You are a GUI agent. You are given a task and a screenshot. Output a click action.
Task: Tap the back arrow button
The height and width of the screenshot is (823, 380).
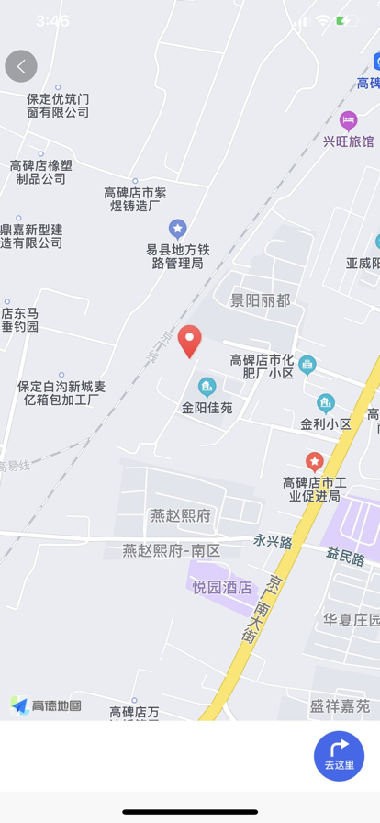point(21,66)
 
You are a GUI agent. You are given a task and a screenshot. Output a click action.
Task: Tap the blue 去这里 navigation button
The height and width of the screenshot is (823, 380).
point(339,756)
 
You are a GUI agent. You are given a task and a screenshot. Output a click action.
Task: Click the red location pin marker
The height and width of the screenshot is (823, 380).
point(189,341)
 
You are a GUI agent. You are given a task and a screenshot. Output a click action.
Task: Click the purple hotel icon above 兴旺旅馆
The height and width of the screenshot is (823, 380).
point(348,120)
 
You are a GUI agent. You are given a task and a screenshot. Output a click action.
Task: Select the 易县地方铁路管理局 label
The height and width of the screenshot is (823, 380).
point(178,256)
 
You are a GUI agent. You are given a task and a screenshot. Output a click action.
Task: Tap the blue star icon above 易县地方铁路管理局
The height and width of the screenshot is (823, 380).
point(178,228)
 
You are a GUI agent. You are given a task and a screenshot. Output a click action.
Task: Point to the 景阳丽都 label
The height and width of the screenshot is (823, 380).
point(260,300)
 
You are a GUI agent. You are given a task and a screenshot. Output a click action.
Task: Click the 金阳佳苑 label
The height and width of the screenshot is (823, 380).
point(207,407)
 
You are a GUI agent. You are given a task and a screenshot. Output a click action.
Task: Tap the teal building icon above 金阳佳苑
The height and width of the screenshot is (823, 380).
point(207,386)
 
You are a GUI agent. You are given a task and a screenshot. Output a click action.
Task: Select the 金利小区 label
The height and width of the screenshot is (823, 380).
point(326,423)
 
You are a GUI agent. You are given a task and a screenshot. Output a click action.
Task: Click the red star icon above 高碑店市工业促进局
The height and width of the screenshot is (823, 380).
point(315,461)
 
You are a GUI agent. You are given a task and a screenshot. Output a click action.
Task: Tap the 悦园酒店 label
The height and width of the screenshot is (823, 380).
point(222,587)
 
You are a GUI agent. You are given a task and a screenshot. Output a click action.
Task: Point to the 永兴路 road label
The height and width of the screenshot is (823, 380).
point(273,542)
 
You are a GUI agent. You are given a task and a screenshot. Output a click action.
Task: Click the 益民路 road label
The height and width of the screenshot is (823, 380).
point(345,557)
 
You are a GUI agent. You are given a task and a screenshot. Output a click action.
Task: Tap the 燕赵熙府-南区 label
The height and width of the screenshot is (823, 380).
point(173,550)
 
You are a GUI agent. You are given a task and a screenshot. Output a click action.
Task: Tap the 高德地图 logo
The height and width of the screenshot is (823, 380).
point(46,705)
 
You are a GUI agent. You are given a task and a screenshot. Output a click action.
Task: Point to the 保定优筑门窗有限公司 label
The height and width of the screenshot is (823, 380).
point(58,105)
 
